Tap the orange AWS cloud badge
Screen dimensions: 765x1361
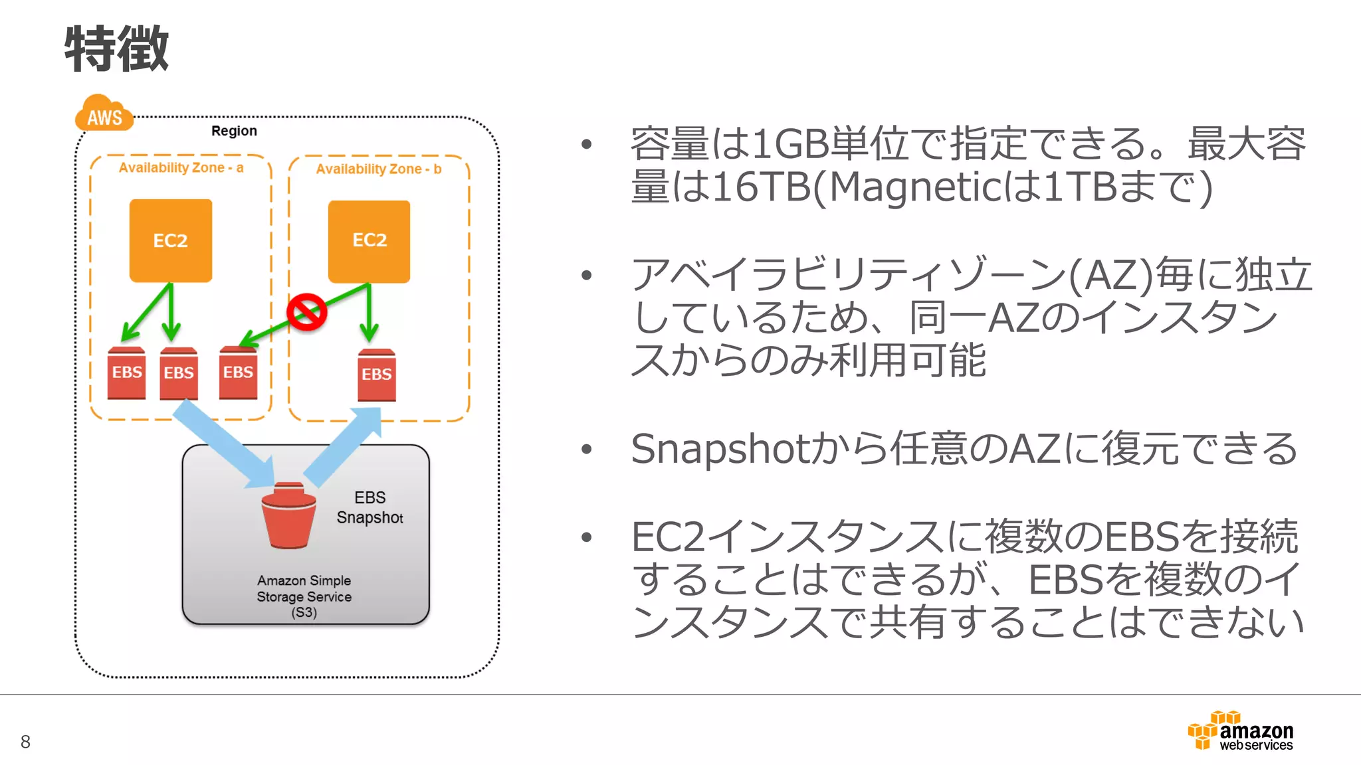tap(104, 114)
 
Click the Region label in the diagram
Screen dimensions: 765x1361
tap(234, 131)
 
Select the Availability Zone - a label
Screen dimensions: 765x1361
tap(181, 168)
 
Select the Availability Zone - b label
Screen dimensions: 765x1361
tap(378, 169)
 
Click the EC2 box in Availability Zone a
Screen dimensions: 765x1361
tap(171, 240)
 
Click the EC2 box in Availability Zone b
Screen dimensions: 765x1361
tap(369, 241)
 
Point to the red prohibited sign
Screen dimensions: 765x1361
tap(306, 311)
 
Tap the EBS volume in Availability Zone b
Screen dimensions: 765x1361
tap(376, 375)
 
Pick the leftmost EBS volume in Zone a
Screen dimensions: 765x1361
tap(126, 373)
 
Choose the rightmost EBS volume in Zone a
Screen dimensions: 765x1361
tap(238, 373)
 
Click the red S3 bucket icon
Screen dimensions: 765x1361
tap(288, 517)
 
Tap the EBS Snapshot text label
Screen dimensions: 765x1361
tap(369, 507)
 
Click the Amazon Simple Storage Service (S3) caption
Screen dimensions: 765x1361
tap(304, 596)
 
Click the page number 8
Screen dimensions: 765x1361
tap(25, 742)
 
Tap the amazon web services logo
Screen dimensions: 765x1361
tap(1241, 732)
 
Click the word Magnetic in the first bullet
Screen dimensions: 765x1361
tap(914, 187)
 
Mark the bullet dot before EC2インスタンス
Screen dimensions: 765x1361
tap(586, 537)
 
